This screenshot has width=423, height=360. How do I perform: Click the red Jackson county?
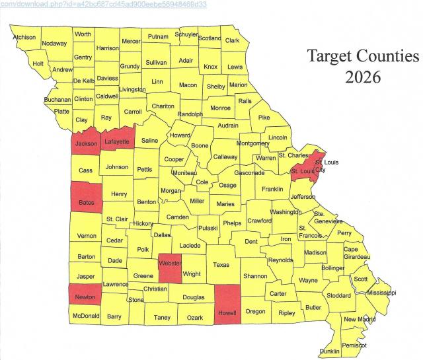coord(86,143)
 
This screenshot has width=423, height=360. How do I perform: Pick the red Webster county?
coord(170,268)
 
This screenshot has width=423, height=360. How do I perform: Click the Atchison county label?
coord(24,37)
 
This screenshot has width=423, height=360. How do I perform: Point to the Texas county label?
coord(221,264)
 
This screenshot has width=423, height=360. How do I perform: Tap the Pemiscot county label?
coord(355,345)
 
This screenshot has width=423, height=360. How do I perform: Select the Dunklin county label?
coord(330,351)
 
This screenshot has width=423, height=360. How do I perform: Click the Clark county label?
coord(232,40)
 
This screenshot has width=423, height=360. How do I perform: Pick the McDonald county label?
coord(85,316)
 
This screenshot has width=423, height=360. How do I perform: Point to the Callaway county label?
coord(225,157)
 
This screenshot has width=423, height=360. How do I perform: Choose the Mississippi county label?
coord(381,292)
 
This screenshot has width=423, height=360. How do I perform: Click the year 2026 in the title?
coord(362,77)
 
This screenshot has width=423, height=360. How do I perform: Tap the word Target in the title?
coord(328,55)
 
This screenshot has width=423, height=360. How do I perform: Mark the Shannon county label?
coord(254,276)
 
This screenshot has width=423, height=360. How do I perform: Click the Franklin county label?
coord(272,189)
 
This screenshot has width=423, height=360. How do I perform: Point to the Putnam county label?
coord(158,36)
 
